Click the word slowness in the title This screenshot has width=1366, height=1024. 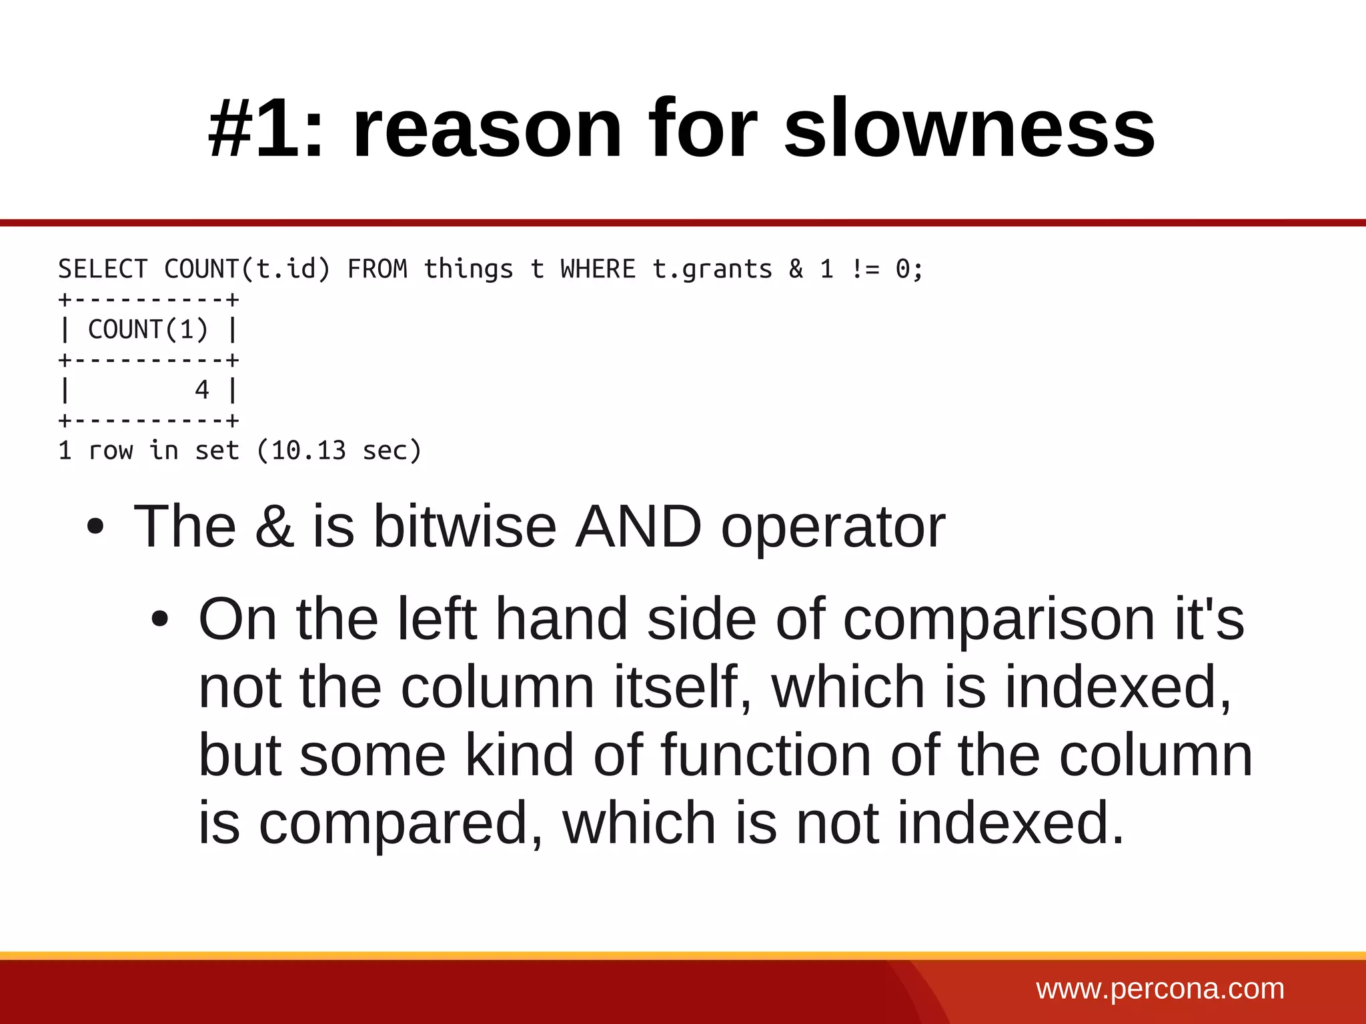click(969, 128)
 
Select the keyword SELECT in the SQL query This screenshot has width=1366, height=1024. click(103, 269)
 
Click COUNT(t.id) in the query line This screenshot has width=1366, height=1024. click(247, 269)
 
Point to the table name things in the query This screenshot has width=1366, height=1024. click(468, 269)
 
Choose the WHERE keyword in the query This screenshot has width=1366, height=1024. click(598, 269)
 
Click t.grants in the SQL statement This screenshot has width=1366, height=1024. click(712, 269)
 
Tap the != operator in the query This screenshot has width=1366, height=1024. click(865, 269)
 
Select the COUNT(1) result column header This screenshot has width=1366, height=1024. click(148, 329)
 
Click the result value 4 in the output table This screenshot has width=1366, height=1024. click(202, 390)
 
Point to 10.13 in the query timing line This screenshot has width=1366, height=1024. click(308, 451)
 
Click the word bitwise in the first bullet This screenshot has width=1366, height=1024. click(465, 527)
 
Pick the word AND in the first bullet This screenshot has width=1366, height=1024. click(638, 527)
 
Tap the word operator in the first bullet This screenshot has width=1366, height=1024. click(833, 527)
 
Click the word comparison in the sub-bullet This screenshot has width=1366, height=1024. click(998, 619)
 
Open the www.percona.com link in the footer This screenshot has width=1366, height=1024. click(1160, 989)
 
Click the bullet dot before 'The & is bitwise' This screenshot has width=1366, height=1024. click(95, 527)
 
